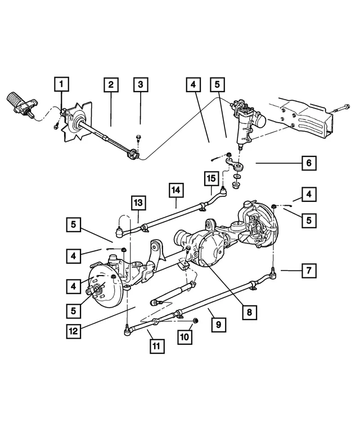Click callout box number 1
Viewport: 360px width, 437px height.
tap(62, 85)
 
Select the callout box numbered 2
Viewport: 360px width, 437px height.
tap(111, 85)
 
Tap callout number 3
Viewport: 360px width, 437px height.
tap(141, 85)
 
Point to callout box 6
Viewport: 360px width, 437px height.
tap(308, 164)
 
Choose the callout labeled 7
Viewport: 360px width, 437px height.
tap(308, 271)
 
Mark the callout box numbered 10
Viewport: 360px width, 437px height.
tap(186, 337)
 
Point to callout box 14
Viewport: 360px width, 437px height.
tap(176, 191)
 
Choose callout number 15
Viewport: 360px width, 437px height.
tap(211, 179)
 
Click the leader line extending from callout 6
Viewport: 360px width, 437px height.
tap(278, 164)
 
